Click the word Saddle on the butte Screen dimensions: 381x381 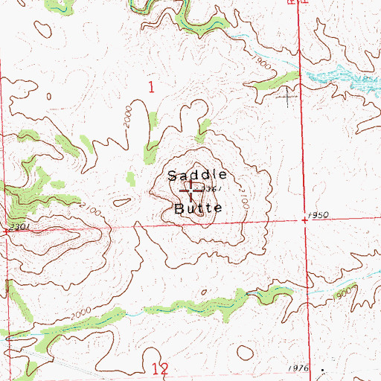click(196, 176)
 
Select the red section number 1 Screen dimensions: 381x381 click(151, 88)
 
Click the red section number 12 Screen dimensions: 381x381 click(158, 368)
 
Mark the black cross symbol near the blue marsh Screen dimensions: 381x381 click(287, 95)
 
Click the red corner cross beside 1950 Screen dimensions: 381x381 click(304, 220)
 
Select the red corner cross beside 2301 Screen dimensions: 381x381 click(6, 231)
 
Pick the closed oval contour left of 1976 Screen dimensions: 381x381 click(245, 350)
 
